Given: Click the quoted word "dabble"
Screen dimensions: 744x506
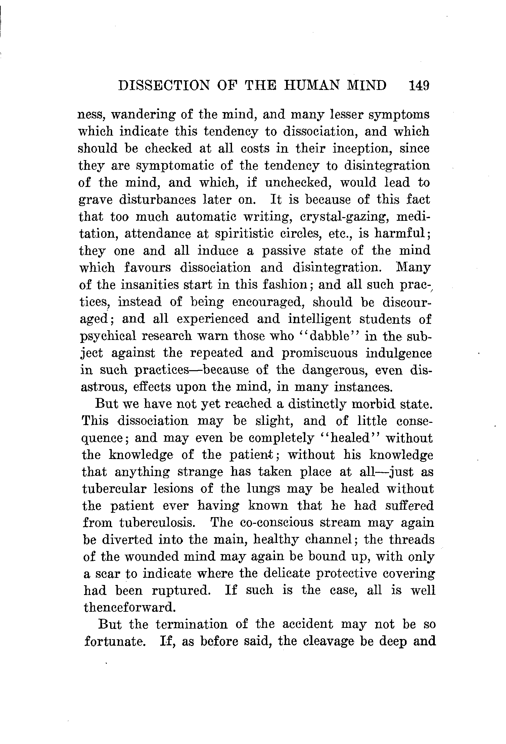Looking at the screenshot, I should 329,336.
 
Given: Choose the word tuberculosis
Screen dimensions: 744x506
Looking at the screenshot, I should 161,523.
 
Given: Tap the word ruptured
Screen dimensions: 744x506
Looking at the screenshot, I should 180,591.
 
